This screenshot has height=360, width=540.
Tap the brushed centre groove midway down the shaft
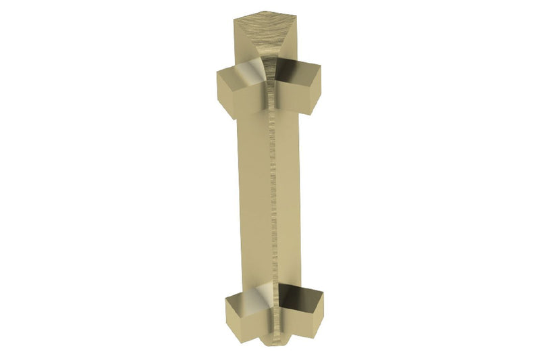tap(271, 196)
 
